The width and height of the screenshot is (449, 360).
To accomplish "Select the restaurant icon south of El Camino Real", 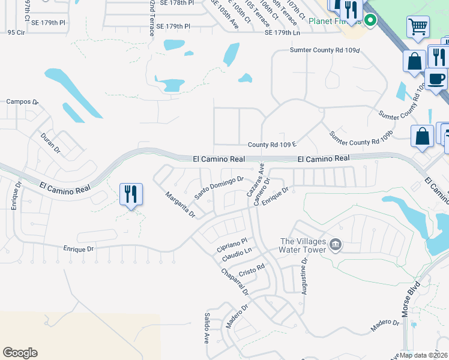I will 131,194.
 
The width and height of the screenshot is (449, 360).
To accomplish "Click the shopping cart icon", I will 418,26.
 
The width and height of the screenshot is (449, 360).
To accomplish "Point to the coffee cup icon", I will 436,79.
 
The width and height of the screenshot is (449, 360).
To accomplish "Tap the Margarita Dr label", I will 181,205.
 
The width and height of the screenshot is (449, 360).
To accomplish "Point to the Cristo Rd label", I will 252,269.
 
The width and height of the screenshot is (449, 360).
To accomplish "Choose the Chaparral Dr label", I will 235,281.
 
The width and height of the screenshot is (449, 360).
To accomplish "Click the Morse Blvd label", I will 411,305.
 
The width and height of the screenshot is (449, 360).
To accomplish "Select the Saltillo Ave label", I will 206,326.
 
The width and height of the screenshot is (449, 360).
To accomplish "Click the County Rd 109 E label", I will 273,145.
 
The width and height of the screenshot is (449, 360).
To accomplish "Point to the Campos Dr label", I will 22,102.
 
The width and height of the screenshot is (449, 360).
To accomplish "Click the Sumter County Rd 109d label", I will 324,50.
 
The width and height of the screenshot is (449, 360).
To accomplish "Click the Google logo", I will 20,353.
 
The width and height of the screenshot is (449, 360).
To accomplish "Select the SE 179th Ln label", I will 285,32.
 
